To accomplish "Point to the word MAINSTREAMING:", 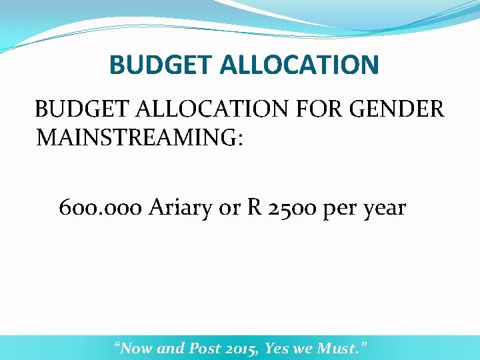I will (x=140, y=138).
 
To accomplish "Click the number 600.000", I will (x=100, y=208).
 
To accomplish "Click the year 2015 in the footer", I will (x=242, y=347).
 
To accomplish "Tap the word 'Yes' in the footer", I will (x=277, y=347).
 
